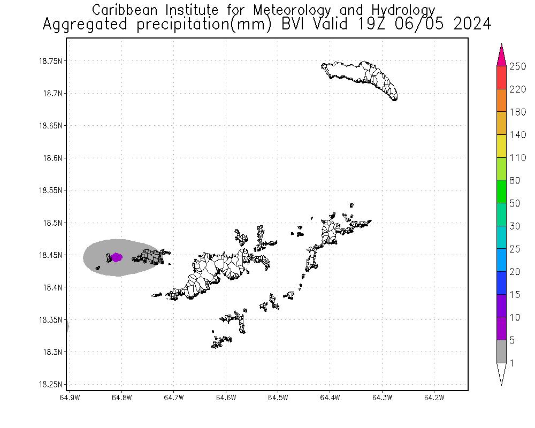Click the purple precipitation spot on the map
point(116,257)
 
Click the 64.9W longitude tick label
point(70,398)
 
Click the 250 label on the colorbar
point(518,66)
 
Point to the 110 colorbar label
point(518,158)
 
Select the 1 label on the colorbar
point(512,363)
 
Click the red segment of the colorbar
point(502,78)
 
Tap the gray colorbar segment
point(502,351)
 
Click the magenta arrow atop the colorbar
point(502,55)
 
